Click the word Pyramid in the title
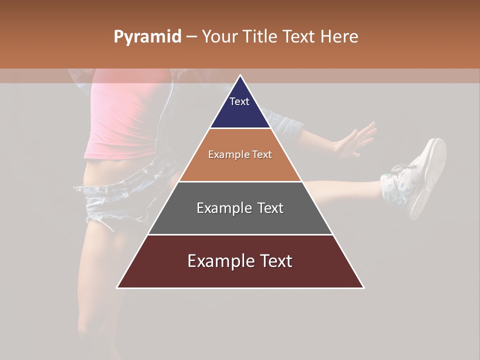[x=147, y=37]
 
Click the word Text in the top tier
[x=239, y=101]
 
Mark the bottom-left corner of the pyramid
[x=117, y=287]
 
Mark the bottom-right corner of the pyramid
[x=363, y=287]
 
